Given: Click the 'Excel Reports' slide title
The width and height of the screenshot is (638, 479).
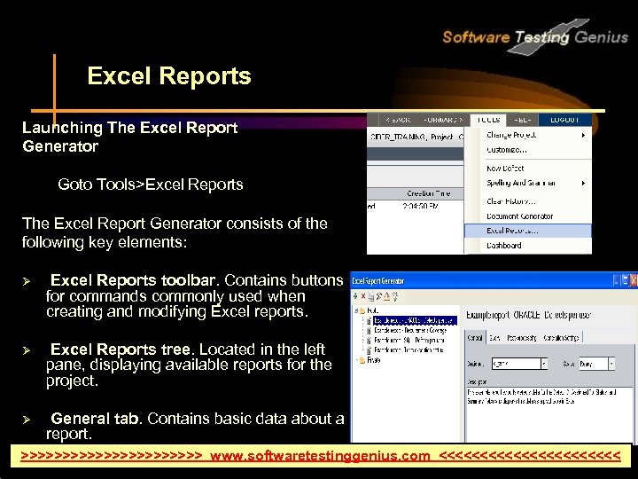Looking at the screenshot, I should click(x=169, y=77).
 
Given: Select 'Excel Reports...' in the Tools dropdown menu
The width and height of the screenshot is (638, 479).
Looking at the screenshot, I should click(x=513, y=231).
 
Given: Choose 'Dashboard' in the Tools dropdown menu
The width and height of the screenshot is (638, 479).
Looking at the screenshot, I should click(x=504, y=246).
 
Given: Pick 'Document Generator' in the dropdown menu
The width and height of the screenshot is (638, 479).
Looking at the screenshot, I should click(x=520, y=216).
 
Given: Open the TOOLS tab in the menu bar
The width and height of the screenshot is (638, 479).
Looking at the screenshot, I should click(x=488, y=119).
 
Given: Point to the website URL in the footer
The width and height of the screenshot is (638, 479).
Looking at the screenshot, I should click(x=320, y=456).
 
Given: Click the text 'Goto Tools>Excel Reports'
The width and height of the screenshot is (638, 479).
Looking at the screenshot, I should click(x=151, y=185).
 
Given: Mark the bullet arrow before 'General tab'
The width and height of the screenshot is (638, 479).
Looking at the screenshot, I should click(x=27, y=419).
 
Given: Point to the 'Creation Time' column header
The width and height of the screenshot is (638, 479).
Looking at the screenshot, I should click(x=429, y=193).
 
